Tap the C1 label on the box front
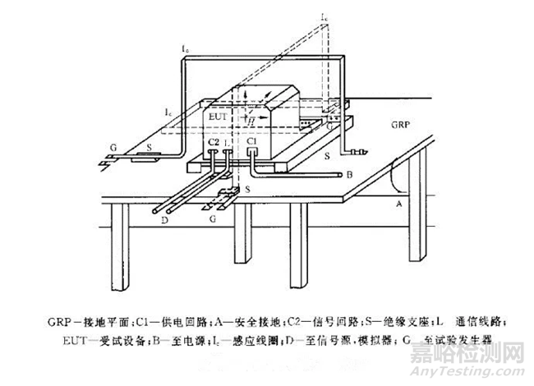point(252,141)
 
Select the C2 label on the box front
point(213,141)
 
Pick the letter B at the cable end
point(350,175)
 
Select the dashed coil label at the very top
point(325,16)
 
